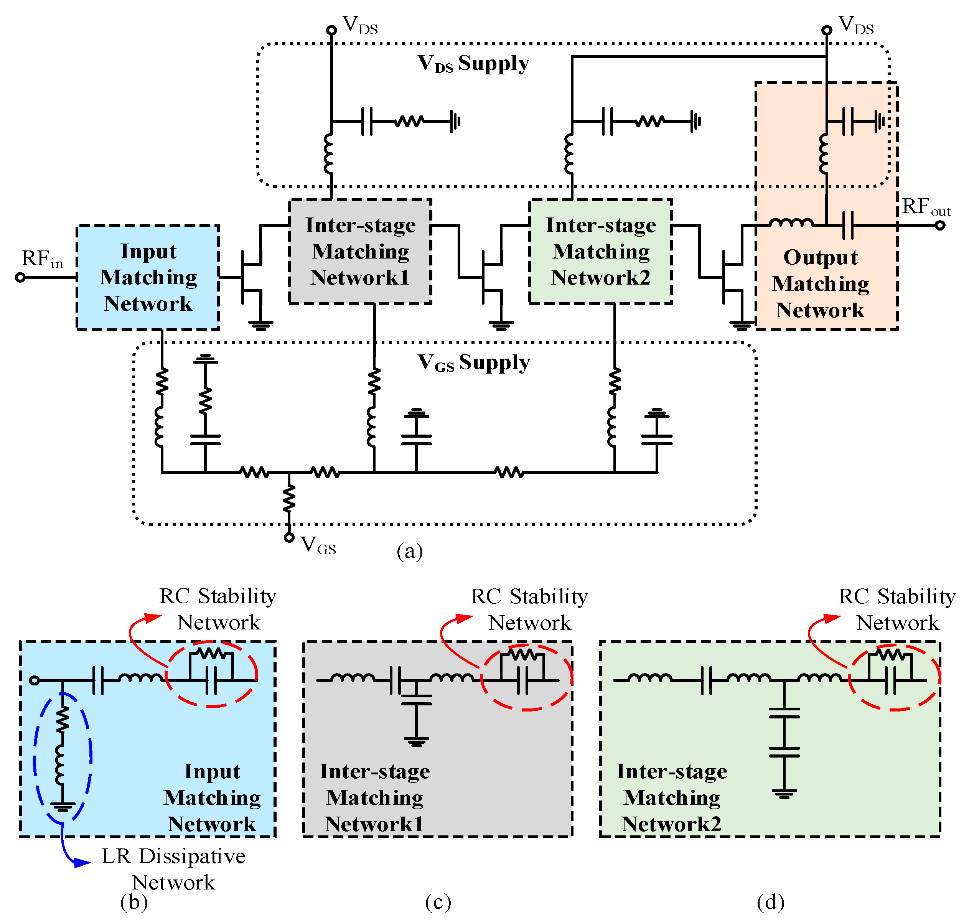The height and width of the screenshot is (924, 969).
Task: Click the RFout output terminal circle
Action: point(940,226)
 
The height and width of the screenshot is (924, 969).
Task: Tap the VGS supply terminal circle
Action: point(289,537)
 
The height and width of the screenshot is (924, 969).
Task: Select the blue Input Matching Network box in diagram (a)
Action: point(148,277)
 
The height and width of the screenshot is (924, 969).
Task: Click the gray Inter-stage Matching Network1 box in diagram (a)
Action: point(360,251)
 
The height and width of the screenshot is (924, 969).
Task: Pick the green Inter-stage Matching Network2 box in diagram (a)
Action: point(600,251)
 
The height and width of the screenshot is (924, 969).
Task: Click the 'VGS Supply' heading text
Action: point(473,363)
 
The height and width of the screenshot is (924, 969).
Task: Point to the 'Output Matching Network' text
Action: point(820,284)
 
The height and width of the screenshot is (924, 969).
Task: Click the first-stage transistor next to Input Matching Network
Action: point(249,277)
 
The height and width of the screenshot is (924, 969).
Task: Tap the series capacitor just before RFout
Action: point(848,226)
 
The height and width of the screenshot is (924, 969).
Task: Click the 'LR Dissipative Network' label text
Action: point(173,869)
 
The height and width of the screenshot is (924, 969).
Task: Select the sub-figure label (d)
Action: point(770,902)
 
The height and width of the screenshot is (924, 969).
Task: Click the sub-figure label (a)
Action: point(409,551)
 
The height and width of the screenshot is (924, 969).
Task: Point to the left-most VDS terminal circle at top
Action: point(331,30)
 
